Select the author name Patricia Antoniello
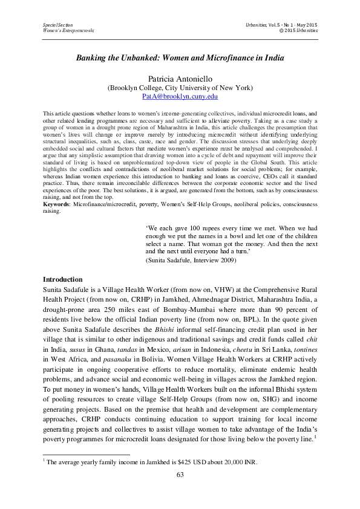(x=180, y=79)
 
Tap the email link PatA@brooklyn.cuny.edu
(x=180, y=96)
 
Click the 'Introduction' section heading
(x=63, y=280)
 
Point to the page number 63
(x=180, y=475)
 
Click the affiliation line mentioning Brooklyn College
(x=180, y=88)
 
